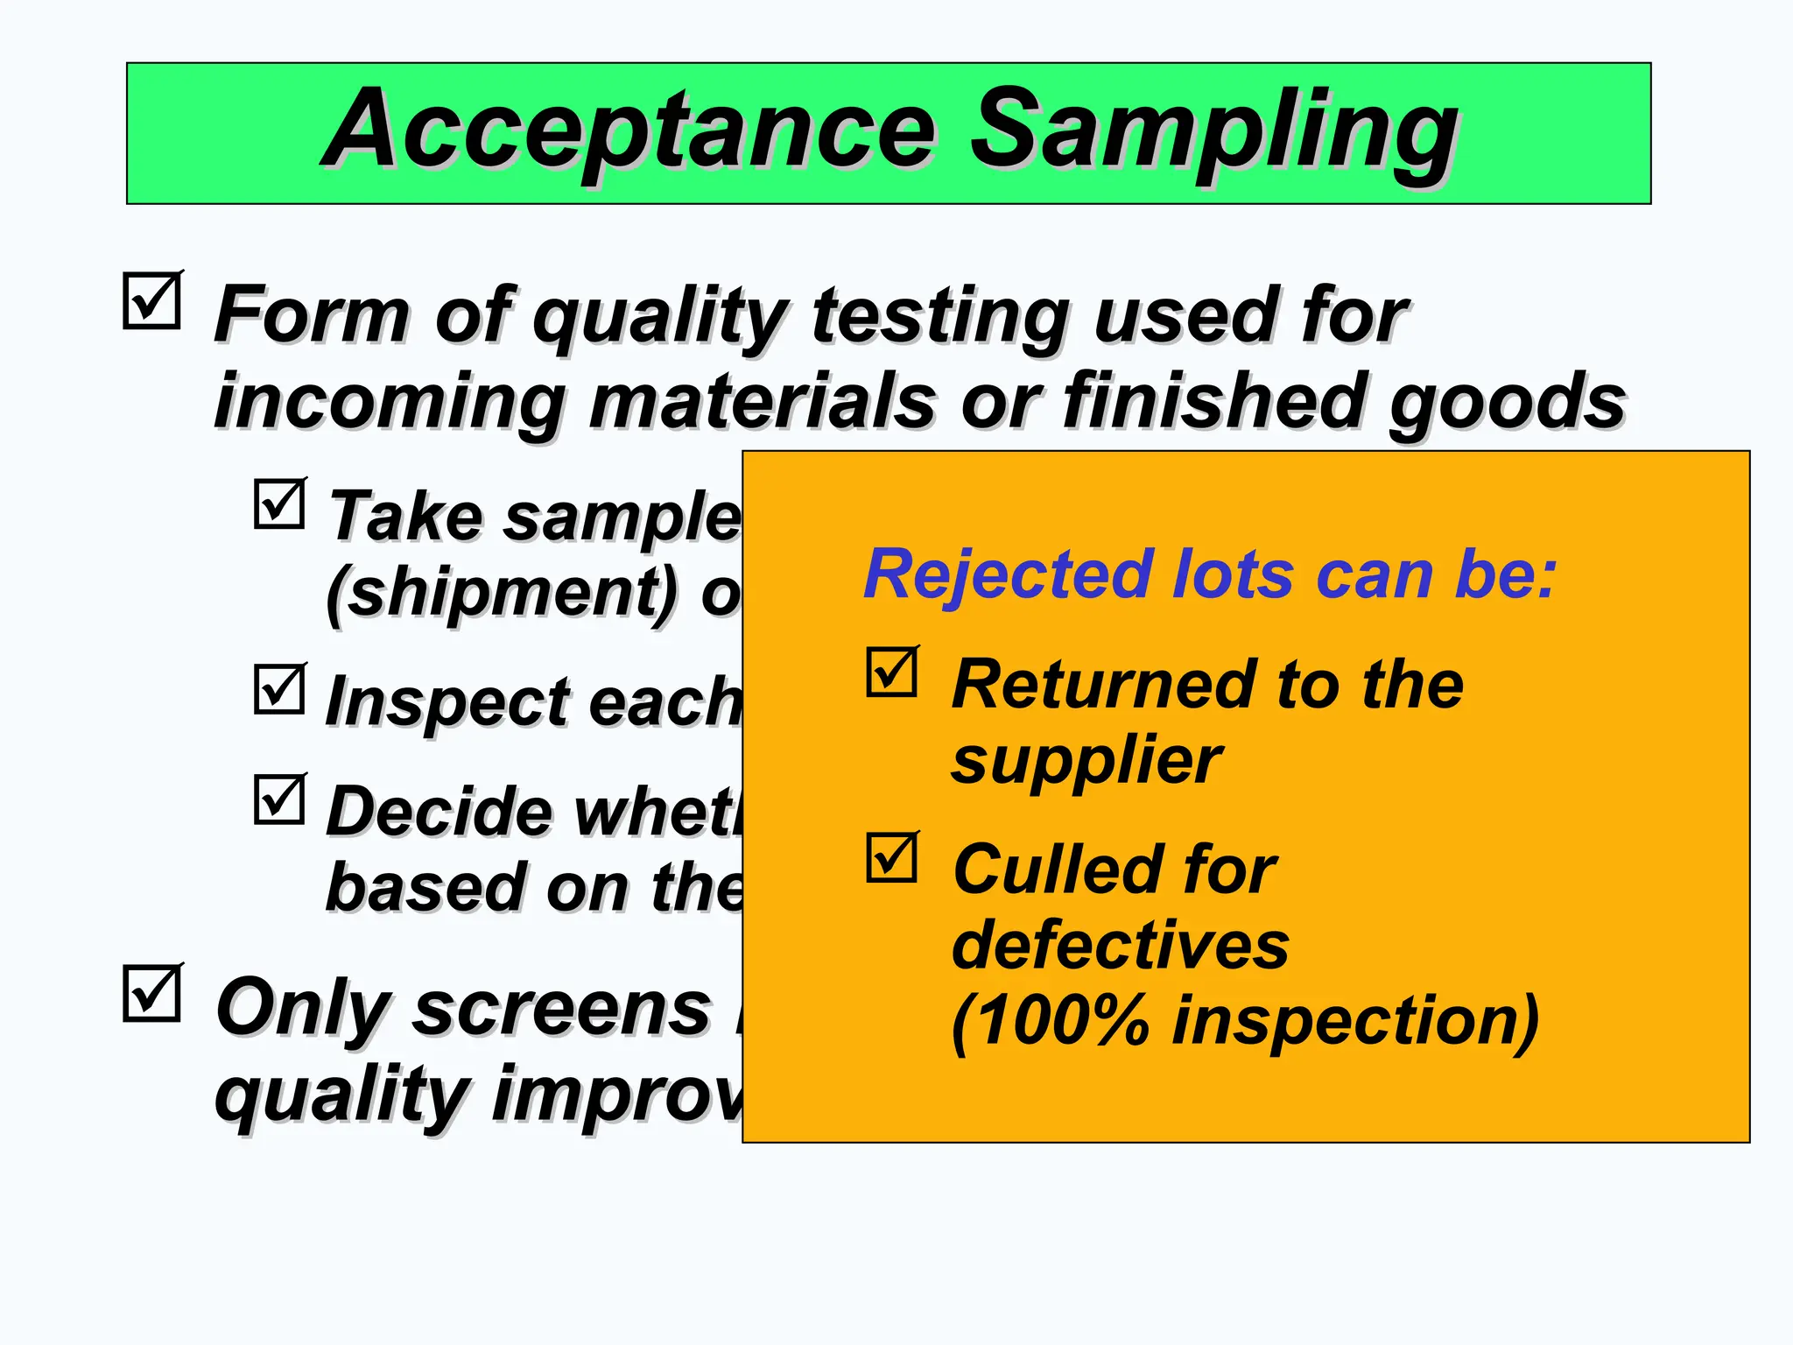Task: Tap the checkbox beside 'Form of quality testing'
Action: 151,301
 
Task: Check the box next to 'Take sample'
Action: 279,504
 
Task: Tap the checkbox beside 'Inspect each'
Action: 279,690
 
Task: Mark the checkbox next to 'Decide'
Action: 279,799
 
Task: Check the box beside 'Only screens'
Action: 151,994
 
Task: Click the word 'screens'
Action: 560,1010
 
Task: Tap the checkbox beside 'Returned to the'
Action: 891,672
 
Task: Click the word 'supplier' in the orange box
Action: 1086,762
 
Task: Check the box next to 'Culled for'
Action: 891,858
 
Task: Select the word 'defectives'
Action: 1120,946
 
